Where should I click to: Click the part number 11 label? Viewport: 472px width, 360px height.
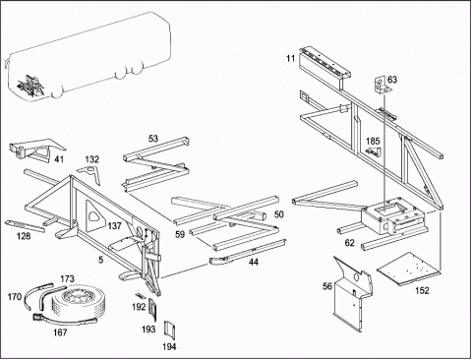[290, 59]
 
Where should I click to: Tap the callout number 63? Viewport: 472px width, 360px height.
[392, 80]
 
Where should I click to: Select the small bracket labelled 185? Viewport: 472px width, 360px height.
[373, 151]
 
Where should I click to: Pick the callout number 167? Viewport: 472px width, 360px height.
[60, 332]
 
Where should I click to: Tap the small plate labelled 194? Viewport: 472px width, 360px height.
[169, 330]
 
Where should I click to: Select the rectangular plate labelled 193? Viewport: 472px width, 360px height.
[153, 309]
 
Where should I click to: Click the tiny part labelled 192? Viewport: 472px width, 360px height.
[140, 295]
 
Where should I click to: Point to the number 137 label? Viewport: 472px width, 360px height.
[114, 226]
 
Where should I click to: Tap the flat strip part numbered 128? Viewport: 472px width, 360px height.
[25, 225]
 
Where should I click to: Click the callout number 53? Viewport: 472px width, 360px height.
[153, 139]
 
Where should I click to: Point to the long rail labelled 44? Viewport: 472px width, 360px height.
[248, 252]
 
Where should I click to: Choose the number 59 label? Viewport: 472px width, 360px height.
[180, 234]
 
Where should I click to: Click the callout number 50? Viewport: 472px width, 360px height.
[278, 214]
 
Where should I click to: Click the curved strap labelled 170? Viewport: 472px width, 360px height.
[36, 291]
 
